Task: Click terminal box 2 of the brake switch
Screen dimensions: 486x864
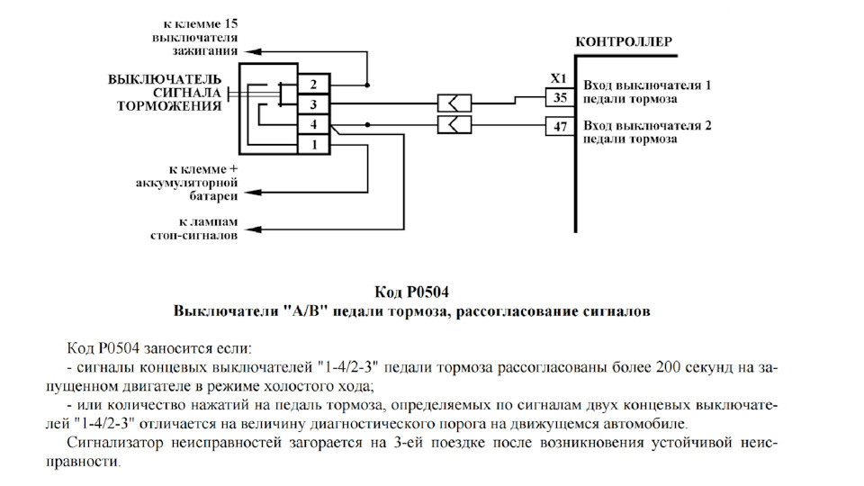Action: click(313, 85)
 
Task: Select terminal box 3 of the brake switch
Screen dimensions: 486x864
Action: click(313, 104)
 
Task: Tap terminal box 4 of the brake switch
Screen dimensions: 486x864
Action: click(313, 124)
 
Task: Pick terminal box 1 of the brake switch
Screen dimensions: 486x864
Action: click(313, 144)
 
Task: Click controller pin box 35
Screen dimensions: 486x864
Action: click(560, 97)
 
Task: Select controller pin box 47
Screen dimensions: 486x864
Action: click(560, 127)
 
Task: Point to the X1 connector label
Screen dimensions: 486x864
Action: click(558, 78)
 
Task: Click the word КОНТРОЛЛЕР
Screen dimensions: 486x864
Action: click(624, 42)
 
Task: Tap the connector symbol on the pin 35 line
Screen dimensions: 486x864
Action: click(454, 103)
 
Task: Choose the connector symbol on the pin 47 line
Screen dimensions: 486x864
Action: click(454, 124)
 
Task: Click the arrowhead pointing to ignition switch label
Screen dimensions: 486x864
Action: click(253, 52)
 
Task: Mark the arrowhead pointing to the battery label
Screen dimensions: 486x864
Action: click(253, 192)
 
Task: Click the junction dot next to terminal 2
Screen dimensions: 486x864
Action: click(367, 85)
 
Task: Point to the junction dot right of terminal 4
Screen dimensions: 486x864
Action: click(367, 124)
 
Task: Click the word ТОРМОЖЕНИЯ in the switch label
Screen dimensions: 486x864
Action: click(169, 105)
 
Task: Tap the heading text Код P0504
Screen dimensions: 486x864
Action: click(410, 292)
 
